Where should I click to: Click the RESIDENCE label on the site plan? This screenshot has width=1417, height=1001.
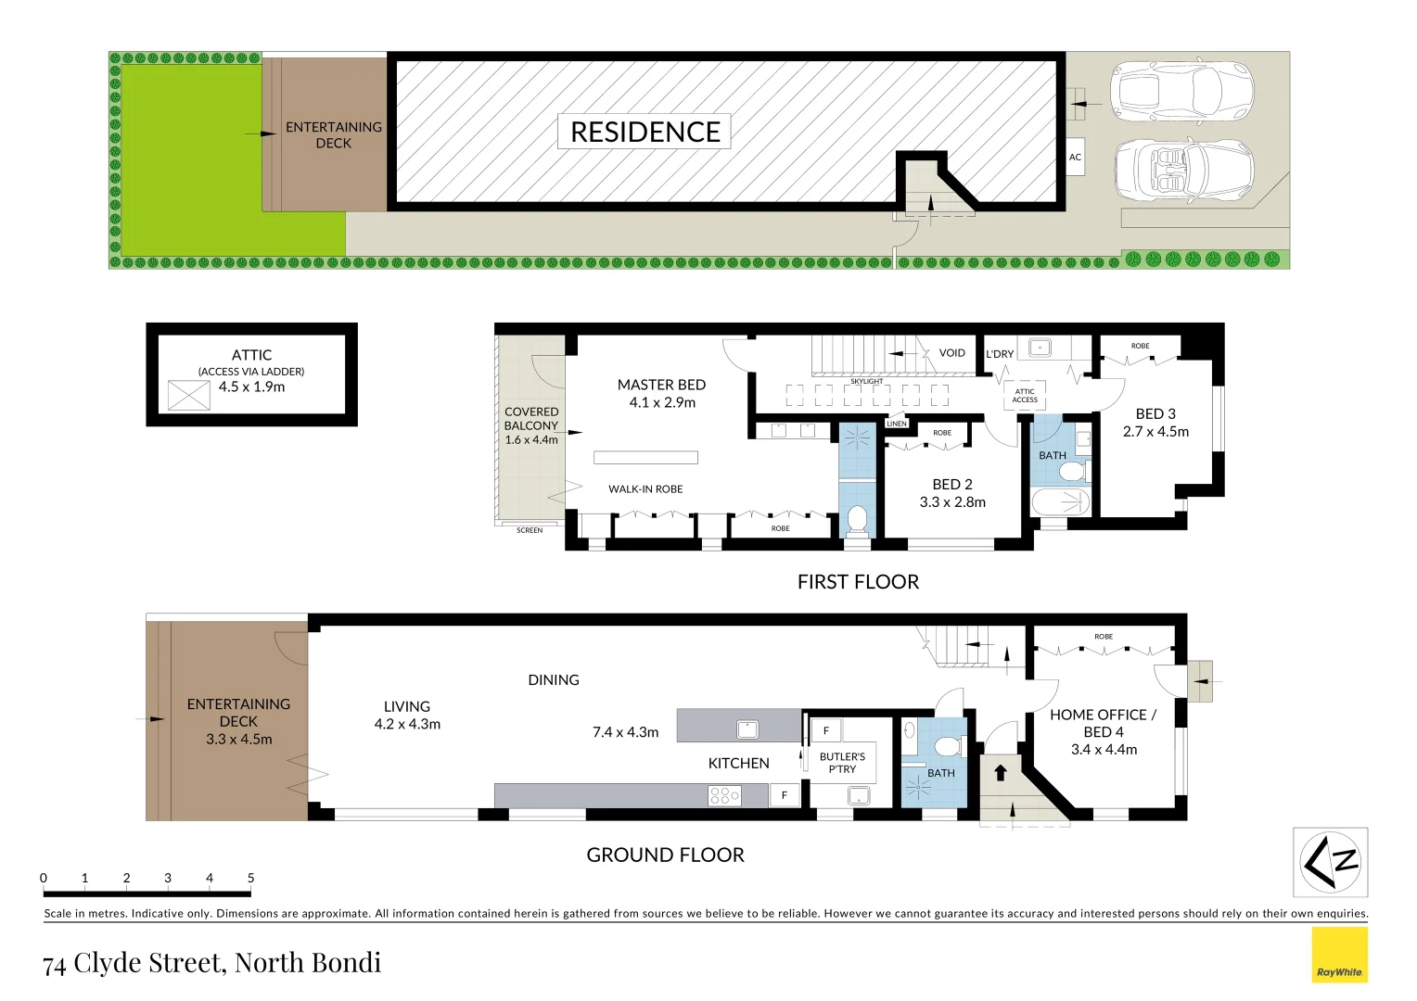pos(645,132)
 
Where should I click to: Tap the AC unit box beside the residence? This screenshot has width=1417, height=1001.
pos(1075,158)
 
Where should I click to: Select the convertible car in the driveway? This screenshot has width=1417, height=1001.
pos(1183,170)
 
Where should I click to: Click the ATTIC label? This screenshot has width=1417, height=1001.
pos(251,355)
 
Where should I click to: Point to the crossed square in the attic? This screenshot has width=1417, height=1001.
pos(189,396)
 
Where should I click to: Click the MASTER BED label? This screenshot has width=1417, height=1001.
pos(661,385)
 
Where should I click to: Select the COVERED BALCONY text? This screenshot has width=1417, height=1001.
pos(531,419)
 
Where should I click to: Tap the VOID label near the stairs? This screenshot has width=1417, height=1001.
pos(951,353)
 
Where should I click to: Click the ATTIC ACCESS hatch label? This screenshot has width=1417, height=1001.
pos(1025,396)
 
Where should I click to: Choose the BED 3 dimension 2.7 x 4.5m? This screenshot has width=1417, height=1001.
pos(1155,431)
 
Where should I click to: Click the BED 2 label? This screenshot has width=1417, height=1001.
pos(952,485)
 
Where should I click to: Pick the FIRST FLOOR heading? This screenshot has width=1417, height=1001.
pos(858,582)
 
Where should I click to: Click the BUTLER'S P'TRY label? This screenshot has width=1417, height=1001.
pos(842,763)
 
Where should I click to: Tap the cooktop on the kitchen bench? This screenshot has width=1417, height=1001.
pos(724,795)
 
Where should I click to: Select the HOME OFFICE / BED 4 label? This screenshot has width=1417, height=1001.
pos(1104,723)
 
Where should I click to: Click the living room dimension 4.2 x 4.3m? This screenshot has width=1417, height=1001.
pos(407,724)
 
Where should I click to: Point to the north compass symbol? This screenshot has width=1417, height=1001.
pos(1330,862)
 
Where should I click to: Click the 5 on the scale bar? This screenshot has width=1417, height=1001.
pos(250,878)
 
